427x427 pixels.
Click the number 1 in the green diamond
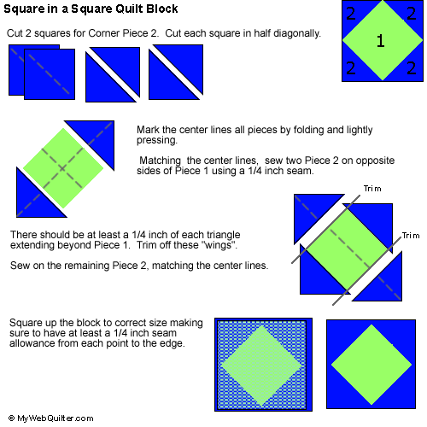[x=381, y=41]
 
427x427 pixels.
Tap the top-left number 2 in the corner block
[x=351, y=14]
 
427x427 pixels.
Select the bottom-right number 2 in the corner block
[x=412, y=68]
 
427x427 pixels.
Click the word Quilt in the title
[x=129, y=9]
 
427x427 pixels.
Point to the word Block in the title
[x=162, y=9]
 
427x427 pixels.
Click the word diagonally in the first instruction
[x=297, y=33]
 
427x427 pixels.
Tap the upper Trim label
[x=372, y=189]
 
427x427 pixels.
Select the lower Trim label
[x=411, y=236]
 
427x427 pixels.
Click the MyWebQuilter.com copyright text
[x=51, y=418]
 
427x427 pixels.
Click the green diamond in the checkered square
[x=261, y=366]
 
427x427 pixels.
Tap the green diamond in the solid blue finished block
[x=371, y=365]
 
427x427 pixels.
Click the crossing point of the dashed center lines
[x=62, y=168]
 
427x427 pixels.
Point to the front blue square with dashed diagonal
[x=50, y=74]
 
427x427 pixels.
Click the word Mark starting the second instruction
[x=148, y=130]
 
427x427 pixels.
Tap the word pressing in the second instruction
[x=157, y=141]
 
